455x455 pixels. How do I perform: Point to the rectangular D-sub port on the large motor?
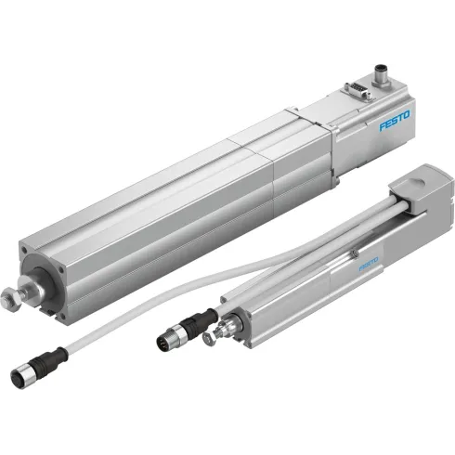point(355,88)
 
